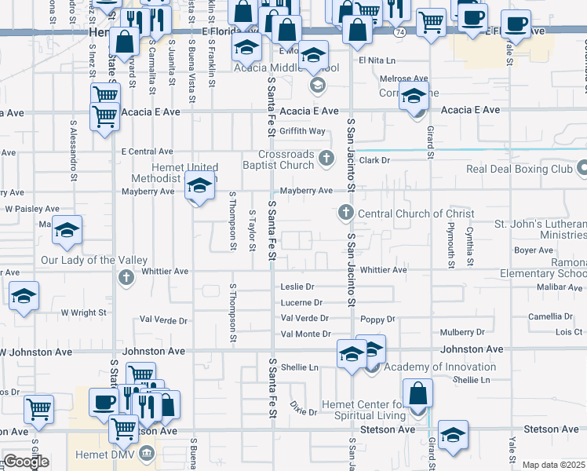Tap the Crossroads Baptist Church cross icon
[327, 160]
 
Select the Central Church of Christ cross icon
[345, 213]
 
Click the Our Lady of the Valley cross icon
[126, 276]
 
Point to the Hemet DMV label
[103, 453]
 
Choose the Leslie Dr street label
[297, 287]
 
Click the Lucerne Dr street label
[301, 302]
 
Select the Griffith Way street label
[303, 131]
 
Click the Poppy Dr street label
[377, 319]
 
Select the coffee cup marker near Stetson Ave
[103, 403]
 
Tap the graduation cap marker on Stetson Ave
[453, 436]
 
